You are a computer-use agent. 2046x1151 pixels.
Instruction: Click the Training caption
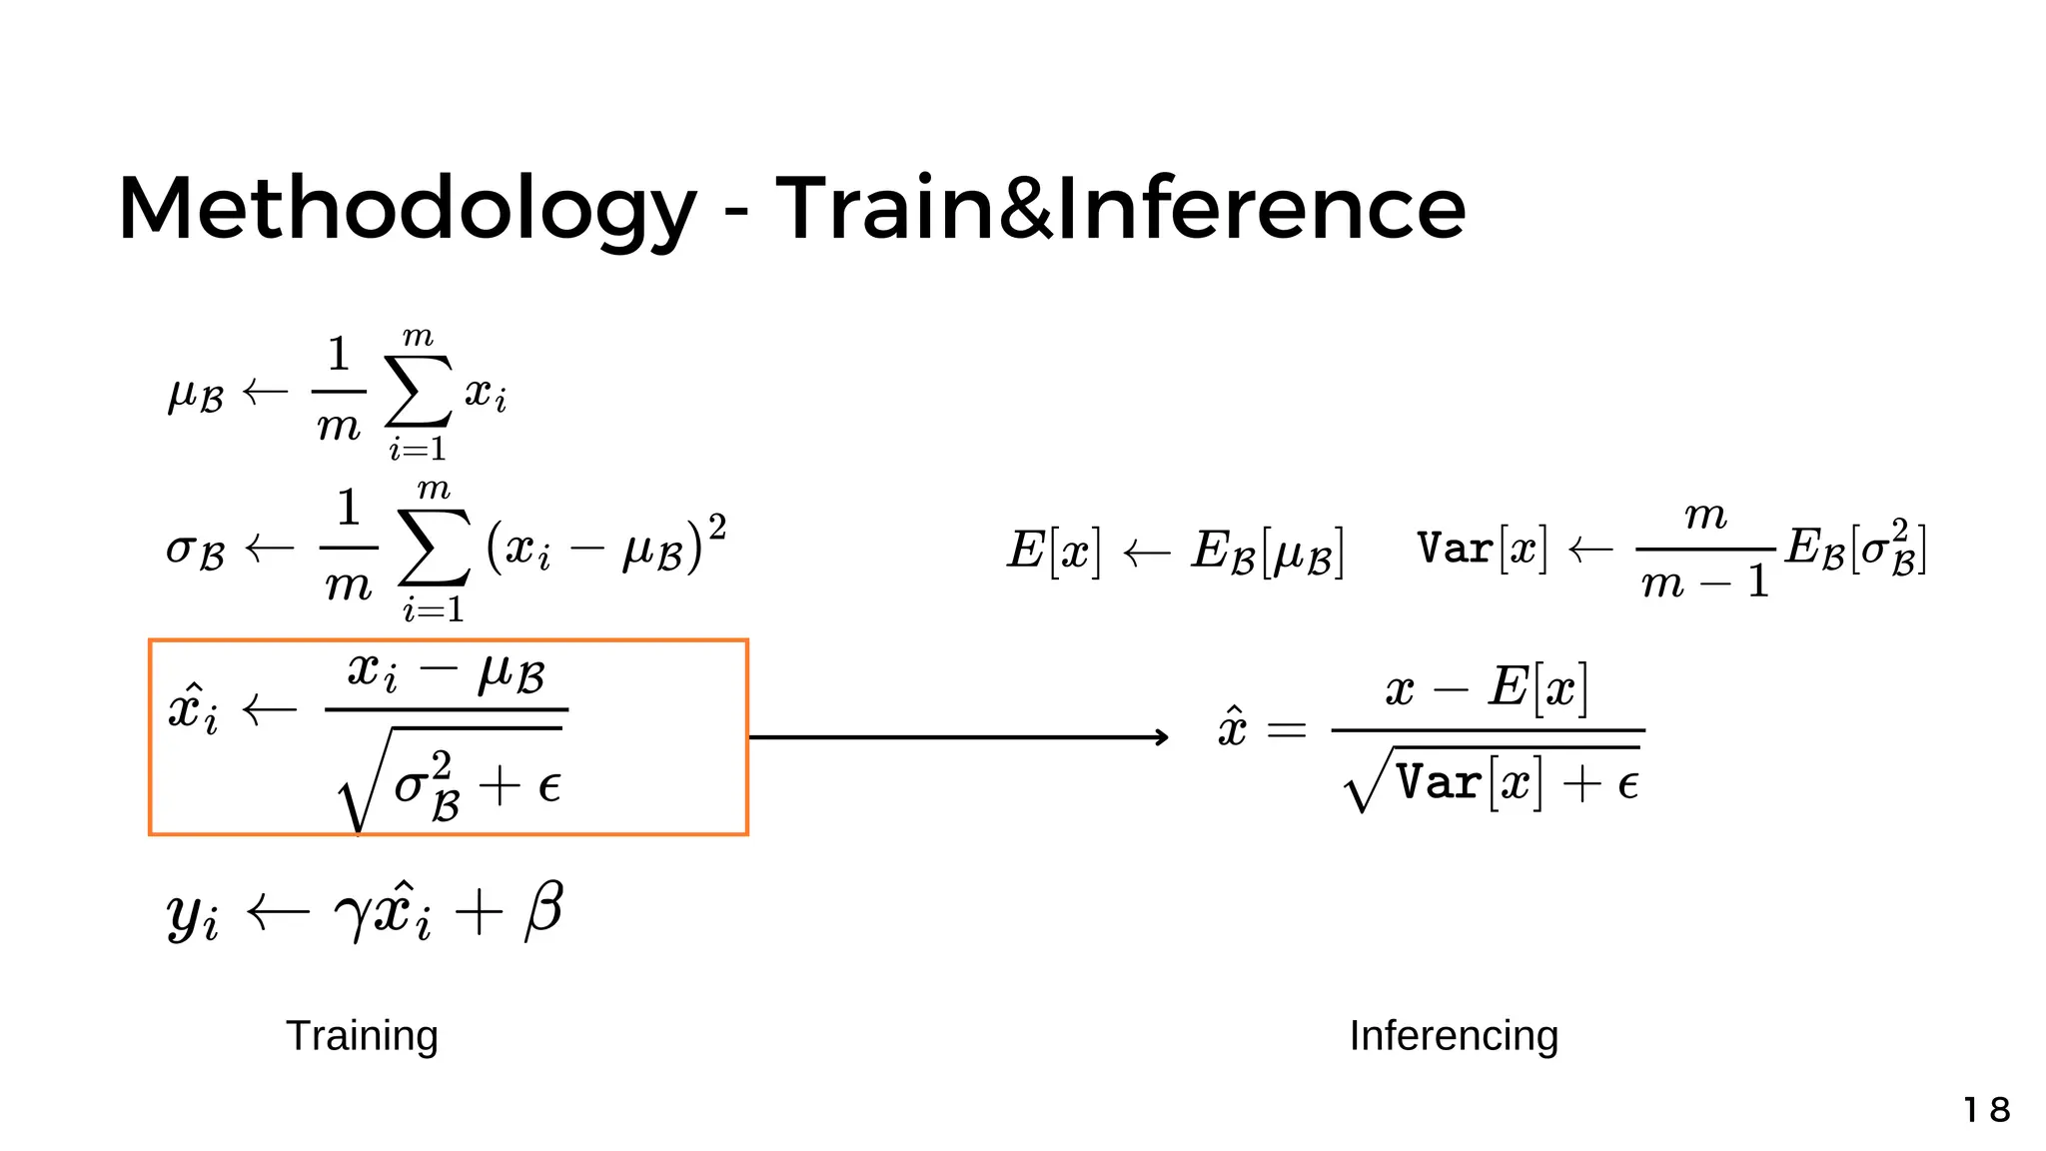pyautogui.click(x=362, y=1036)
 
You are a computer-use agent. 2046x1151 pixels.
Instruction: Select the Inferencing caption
pyautogui.click(x=1454, y=1036)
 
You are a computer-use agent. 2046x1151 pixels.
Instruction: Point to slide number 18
pyautogui.click(x=1986, y=1110)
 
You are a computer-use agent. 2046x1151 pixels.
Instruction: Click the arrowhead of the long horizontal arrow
pyautogui.click(x=1161, y=737)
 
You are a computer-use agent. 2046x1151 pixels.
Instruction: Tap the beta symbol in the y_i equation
pyautogui.click(x=543, y=910)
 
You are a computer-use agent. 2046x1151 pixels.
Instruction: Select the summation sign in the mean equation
pyautogui.click(x=419, y=392)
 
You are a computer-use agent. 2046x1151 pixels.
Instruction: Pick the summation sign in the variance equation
pyautogui.click(x=434, y=548)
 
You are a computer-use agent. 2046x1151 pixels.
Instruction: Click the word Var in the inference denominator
pyautogui.click(x=1439, y=782)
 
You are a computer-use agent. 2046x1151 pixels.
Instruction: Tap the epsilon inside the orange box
pyautogui.click(x=548, y=786)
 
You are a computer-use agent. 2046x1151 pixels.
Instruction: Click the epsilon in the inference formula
pyautogui.click(x=1627, y=785)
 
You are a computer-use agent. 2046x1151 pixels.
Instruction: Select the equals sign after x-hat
pyautogui.click(x=1286, y=730)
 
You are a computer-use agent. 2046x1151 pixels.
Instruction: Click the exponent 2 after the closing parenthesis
pyautogui.click(x=716, y=526)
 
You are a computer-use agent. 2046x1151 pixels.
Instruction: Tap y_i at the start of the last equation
pyautogui.click(x=192, y=914)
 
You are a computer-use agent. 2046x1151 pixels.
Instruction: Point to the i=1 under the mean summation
pyautogui.click(x=418, y=451)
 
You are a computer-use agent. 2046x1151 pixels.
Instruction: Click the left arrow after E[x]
pyautogui.click(x=1146, y=552)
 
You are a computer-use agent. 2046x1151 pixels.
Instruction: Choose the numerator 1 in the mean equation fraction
pyautogui.click(x=339, y=355)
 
